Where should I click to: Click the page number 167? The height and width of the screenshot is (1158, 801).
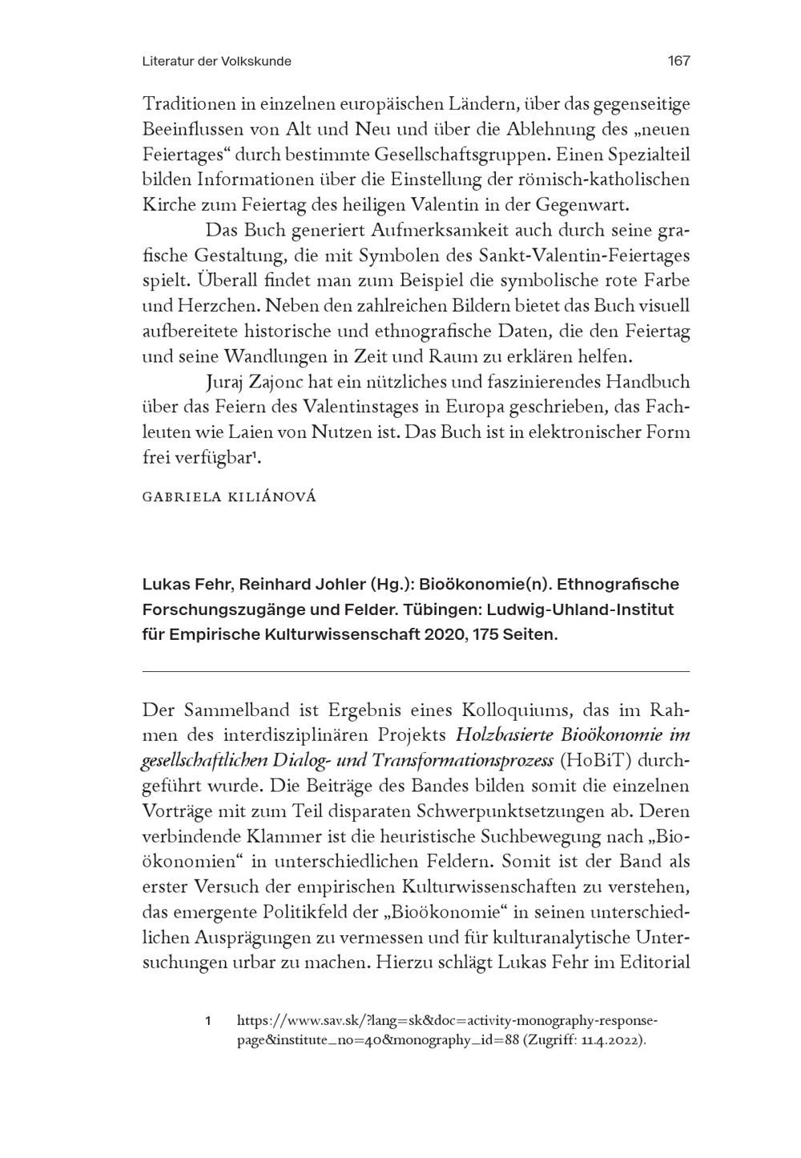click(678, 61)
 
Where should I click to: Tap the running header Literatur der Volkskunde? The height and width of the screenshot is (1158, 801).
click(216, 61)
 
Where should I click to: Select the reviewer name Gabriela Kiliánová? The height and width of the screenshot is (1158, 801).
click(229, 497)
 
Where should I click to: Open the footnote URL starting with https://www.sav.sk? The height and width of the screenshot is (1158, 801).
click(446, 1021)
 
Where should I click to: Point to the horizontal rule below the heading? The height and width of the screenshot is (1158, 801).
click(415, 671)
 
